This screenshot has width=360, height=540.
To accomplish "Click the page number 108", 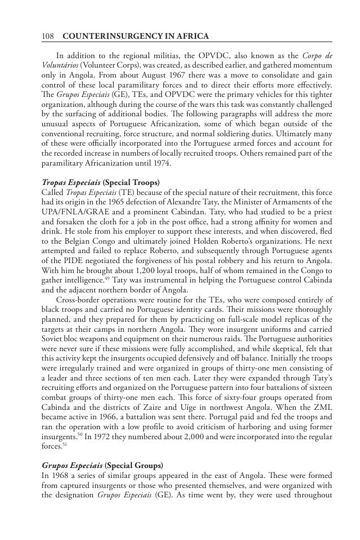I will coord(47,37).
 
